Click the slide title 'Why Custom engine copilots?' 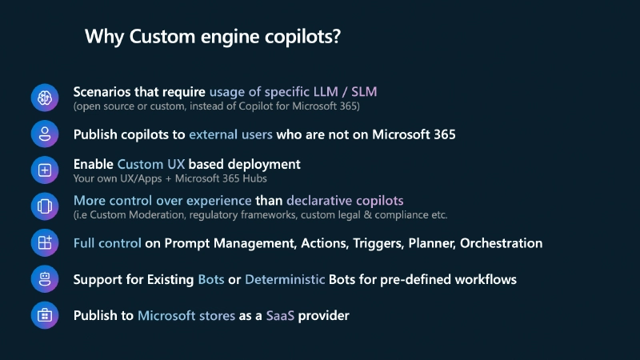click(213, 37)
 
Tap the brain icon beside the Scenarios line click(45, 98)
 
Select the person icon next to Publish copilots click(45, 134)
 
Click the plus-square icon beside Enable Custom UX click(45, 170)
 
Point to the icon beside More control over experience click(45, 206)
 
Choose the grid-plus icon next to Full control click(45, 242)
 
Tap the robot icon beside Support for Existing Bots click(45, 279)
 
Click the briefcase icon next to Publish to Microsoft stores click(45, 315)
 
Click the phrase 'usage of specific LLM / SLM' click(293, 91)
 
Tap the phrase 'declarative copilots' click(345, 200)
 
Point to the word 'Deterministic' click(285, 280)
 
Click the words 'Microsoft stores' click(186, 316)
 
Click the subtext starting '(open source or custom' click(216, 106)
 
